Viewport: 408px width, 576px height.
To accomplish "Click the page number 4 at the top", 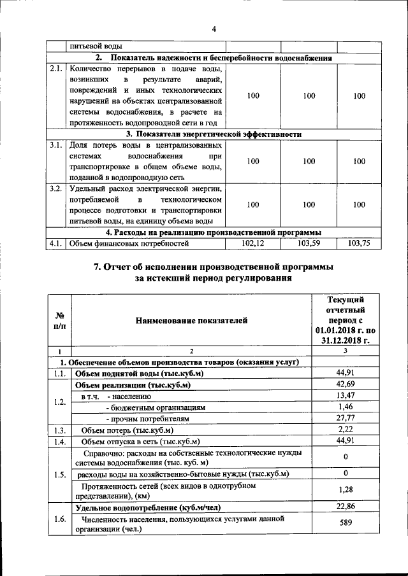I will tap(214, 29).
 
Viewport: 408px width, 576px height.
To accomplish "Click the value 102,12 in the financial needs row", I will tap(253, 243).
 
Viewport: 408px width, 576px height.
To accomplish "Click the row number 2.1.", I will tap(56, 69).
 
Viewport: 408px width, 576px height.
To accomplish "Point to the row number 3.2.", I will tap(56, 189).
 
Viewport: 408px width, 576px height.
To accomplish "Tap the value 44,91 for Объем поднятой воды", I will tap(345, 374).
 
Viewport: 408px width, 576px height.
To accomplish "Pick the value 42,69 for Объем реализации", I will tap(345, 385).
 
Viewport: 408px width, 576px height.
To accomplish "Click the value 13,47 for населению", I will tap(345, 397).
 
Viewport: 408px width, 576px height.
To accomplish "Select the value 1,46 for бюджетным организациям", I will tap(345, 407).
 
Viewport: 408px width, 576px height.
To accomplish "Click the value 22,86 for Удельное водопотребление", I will tap(345, 507).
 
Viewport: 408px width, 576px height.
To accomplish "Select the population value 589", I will tap(345, 524).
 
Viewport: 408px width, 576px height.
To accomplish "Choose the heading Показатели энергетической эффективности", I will tap(214, 134).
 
